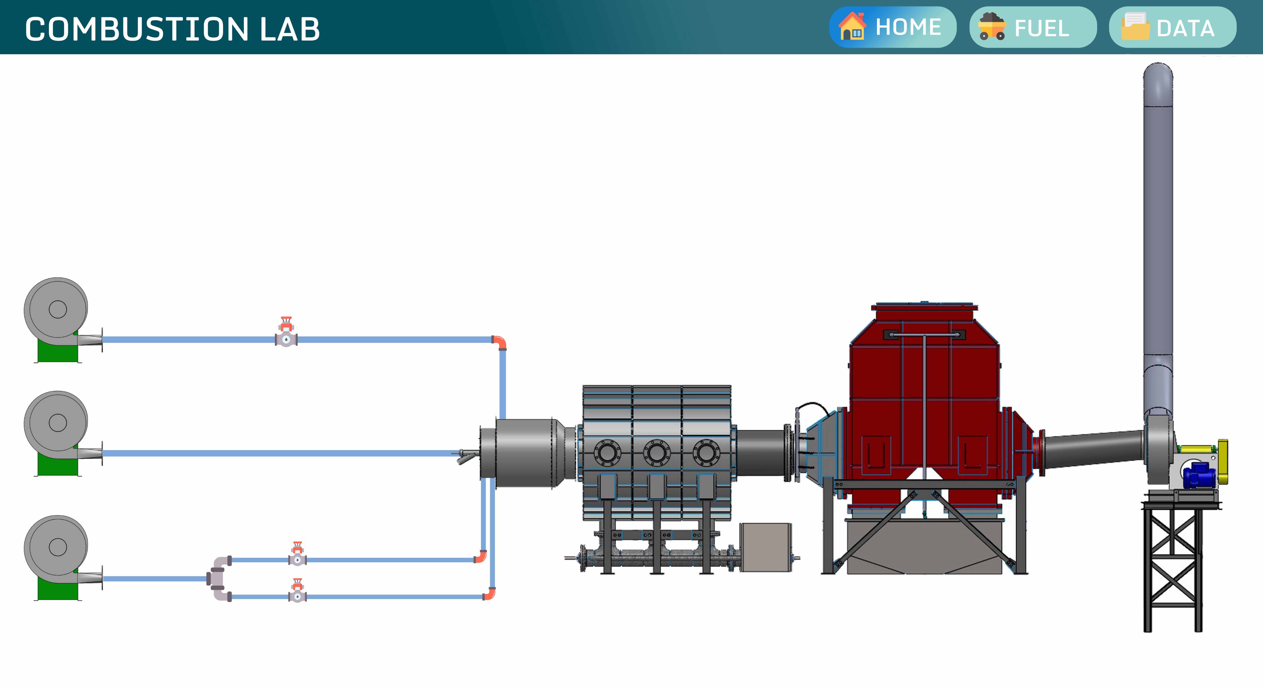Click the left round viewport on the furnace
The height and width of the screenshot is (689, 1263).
[607, 452]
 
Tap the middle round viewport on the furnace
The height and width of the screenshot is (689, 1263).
[656, 452]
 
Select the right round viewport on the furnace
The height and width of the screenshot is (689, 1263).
[706, 452]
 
